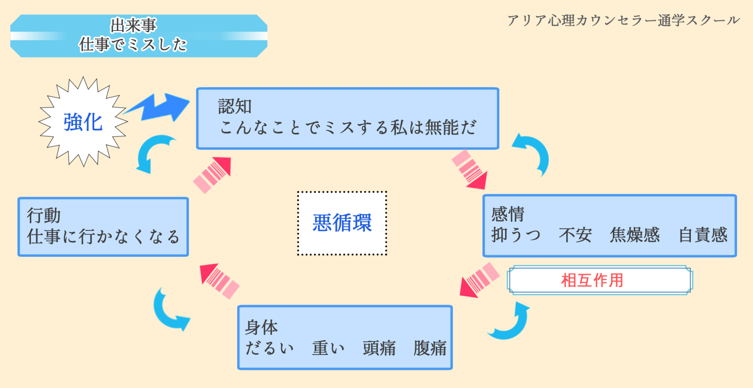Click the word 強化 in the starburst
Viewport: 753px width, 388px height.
click(83, 122)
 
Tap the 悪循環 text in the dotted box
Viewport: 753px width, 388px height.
click(342, 223)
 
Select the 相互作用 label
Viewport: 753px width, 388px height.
click(592, 280)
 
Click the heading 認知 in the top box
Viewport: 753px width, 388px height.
click(235, 107)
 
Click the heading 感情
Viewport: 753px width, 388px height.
click(508, 214)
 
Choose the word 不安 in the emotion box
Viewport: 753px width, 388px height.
click(575, 235)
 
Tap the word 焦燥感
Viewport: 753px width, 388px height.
click(635, 235)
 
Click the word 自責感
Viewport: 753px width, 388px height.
click(703, 235)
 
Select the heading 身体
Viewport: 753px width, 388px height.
click(261, 327)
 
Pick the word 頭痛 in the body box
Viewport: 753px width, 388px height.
click(379, 348)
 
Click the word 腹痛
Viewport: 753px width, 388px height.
click(429, 348)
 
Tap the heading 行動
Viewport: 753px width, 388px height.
click(43, 215)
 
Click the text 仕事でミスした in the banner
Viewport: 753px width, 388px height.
click(133, 45)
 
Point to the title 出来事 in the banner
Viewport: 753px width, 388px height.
click(133, 25)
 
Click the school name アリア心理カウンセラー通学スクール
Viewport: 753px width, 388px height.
click(623, 20)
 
